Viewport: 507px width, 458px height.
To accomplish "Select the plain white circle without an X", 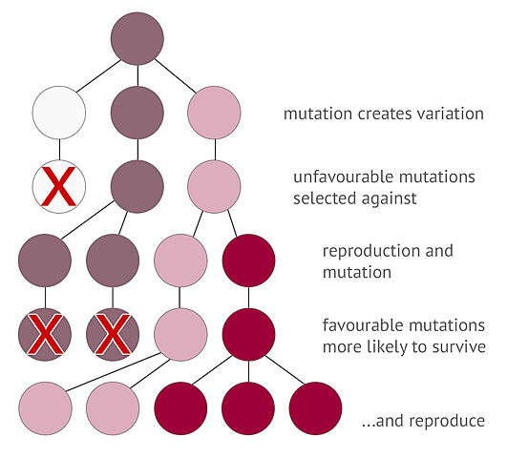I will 58,114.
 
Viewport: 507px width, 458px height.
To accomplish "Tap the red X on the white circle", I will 58,186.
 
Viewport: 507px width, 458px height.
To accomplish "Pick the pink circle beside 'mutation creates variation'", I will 213,114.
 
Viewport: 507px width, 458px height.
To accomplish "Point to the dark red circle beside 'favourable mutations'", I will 248,333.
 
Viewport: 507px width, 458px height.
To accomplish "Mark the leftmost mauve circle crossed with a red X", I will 45,333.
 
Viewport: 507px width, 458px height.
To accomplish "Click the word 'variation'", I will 448,114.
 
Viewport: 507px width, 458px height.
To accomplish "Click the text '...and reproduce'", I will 426,421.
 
